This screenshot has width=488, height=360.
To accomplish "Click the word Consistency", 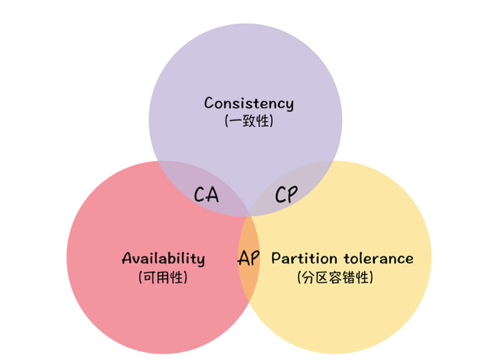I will (249, 103).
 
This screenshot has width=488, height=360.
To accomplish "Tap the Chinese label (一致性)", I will (249, 121).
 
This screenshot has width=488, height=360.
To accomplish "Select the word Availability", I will (163, 259).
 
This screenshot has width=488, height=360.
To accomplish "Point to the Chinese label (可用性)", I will (163, 277).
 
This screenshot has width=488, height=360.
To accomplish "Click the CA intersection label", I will (206, 194).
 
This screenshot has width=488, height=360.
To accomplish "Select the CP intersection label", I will (287, 194).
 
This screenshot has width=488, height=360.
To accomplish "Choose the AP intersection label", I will (249, 258).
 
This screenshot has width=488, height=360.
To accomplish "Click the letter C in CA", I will (200, 194).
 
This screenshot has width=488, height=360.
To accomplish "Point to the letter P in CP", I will (293, 194).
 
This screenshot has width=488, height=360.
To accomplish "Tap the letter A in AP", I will (243, 258).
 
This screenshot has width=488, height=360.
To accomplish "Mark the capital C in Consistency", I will (209, 103).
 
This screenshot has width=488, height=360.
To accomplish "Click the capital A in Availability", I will (127, 258).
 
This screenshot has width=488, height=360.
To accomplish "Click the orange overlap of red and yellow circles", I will (249, 277).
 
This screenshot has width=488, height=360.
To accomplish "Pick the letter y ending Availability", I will (200, 261).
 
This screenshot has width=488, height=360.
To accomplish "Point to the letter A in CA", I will (213, 194).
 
